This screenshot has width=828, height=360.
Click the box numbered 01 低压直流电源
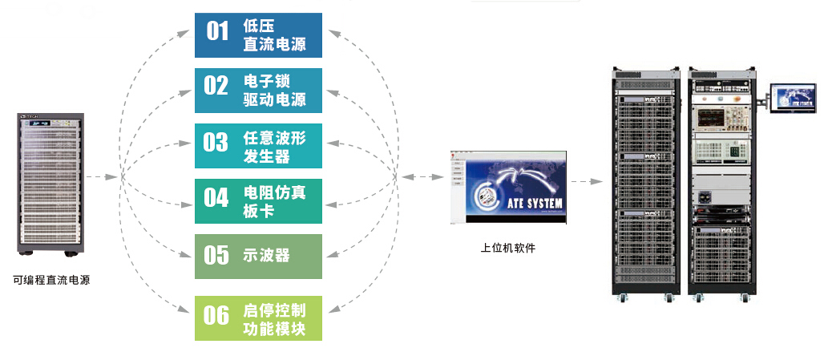click(x=258, y=34)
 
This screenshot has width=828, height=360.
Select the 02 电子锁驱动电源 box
click(x=258, y=91)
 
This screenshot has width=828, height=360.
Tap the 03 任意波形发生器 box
click(x=258, y=146)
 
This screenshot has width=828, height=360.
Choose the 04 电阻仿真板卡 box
click(x=258, y=201)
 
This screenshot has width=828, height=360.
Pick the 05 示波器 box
click(x=258, y=257)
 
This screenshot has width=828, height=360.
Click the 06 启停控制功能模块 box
click(x=258, y=318)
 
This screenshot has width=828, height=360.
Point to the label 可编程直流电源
click(x=51, y=281)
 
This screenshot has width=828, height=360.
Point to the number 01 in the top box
click(x=217, y=31)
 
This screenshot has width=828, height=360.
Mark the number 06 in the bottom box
click(x=216, y=316)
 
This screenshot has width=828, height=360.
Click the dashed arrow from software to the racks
click(x=586, y=183)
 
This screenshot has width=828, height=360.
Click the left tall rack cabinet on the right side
click(x=645, y=184)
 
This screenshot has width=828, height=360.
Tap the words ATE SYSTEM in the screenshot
click(x=531, y=203)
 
